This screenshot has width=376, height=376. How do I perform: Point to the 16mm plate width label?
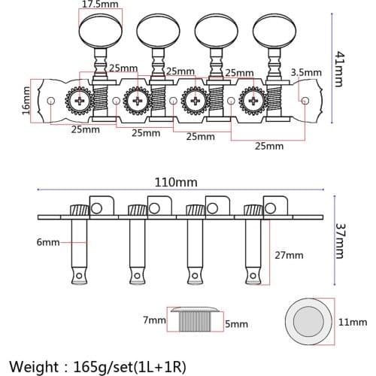pos(26,99)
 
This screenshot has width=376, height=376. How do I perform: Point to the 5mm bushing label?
pos(235,324)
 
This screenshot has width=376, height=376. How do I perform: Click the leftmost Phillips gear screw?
pos(78,100)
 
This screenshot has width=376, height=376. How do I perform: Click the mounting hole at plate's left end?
pos(50,100)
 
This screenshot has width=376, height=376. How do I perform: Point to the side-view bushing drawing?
pos(197,319)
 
